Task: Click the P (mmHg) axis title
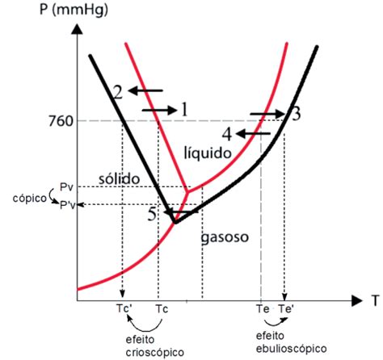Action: coord(74,10)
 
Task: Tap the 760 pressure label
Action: coord(61,122)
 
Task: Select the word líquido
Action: coord(208,153)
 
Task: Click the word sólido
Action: coord(119,178)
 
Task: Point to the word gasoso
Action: coord(225,237)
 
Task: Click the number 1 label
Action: coord(184,110)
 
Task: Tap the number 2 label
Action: coord(118,92)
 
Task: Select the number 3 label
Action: coord(296,114)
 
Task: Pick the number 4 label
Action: coord(227,134)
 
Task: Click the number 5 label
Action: coord(153,215)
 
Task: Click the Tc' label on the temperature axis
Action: coord(124,308)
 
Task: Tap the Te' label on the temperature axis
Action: coord(286,309)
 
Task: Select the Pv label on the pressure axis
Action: coord(66,187)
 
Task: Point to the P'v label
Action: coord(67,205)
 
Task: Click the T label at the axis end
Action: coord(376,301)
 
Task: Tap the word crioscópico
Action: coord(155,352)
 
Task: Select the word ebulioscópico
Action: coord(291,349)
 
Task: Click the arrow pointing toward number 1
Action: coord(159,110)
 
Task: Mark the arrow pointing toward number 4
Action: coord(253,133)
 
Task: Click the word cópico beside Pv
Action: coord(30,199)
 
